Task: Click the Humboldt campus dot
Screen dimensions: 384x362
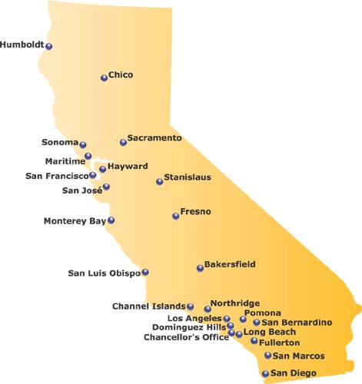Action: tap(49, 46)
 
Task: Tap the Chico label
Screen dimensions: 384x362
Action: tap(121, 74)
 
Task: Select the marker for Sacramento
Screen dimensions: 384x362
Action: tap(123, 142)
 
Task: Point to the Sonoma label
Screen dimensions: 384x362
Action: tap(60, 142)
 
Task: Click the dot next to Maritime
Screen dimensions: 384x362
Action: tap(88, 156)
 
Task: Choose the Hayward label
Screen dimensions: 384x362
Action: tap(128, 166)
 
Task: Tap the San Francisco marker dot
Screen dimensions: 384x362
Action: tap(93, 175)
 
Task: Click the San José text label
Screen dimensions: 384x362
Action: tap(81, 190)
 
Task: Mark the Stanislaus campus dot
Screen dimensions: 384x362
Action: tap(160, 182)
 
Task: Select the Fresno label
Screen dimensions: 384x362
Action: tap(195, 211)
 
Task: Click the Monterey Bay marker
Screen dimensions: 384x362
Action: tap(111, 220)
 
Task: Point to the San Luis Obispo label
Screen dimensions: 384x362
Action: tap(104, 273)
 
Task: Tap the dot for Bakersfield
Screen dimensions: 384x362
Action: tap(200, 268)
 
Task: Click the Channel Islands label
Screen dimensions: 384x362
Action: tap(148, 306)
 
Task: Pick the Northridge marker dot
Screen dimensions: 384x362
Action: tap(208, 309)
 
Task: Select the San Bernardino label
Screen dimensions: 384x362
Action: tap(297, 323)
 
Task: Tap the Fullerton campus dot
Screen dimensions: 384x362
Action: tap(254, 341)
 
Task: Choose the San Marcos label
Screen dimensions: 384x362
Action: tap(298, 356)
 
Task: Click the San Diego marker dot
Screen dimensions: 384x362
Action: tap(265, 374)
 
